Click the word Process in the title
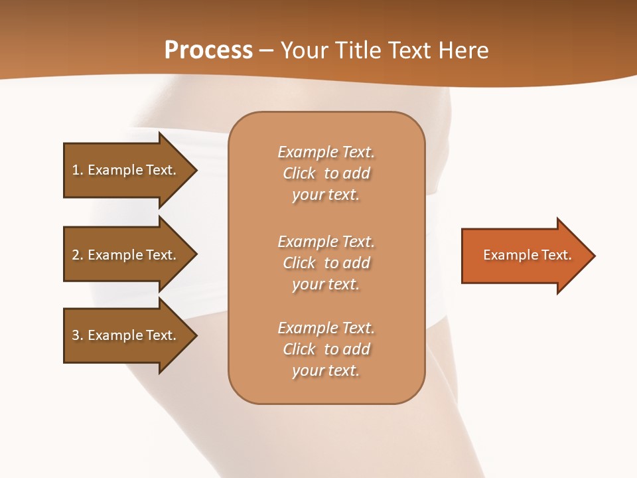tap(208, 50)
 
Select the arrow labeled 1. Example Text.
tap(126, 170)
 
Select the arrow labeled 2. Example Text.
tap(126, 255)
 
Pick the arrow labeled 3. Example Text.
tap(126, 335)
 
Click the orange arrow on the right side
tap(524, 256)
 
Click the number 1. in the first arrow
tap(78, 170)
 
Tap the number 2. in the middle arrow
tap(78, 255)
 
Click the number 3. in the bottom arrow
tap(78, 335)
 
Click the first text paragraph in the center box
tap(326, 173)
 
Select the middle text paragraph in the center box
tap(326, 263)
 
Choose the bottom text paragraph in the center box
tap(326, 349)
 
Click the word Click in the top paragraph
tap(299, 174)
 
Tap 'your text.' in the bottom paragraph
tap(326, 370)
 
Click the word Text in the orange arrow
tap(556, 255)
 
